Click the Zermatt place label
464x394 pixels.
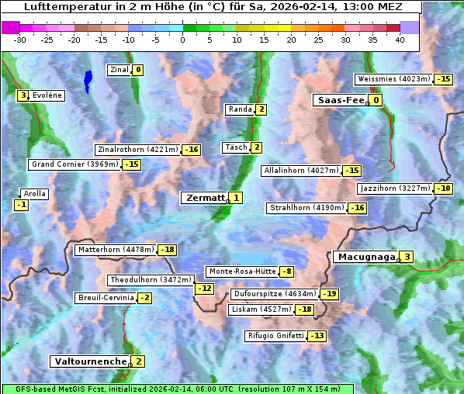tap(204, 198)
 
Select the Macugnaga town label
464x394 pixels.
tap(365, 257)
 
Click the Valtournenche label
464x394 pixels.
tap(89, 361)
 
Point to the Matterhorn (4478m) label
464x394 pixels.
tap(115, 250)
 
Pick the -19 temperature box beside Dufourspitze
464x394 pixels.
tap(330, 294)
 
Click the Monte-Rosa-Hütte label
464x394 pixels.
tap(241, 271)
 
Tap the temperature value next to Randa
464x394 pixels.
tap(261, 109)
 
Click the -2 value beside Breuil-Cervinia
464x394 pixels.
tap(144, 298)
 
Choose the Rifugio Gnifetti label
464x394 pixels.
tap(275, 336)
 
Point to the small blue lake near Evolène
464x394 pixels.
tap(88, 79)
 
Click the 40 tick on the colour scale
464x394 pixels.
tap(400, 40)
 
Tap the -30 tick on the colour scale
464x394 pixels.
tap(20, 40)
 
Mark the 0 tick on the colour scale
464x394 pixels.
tap(183, 40)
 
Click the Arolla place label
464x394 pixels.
tap(34, 194)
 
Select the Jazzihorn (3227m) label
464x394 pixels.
tap(394, 188)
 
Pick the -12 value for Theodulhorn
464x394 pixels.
tap(204, 289)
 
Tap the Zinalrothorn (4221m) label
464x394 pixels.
tap(137, 150)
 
